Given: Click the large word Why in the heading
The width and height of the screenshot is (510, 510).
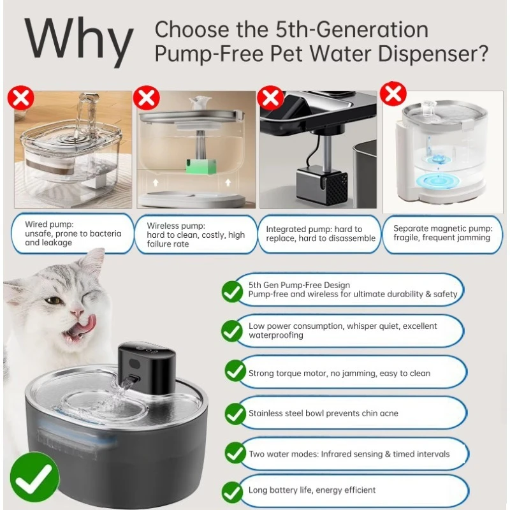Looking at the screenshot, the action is tap(79, 41).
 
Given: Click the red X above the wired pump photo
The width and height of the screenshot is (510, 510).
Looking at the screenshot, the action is tap(21, 98).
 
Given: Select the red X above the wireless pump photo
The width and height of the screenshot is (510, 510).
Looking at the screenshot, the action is tap(147, 98).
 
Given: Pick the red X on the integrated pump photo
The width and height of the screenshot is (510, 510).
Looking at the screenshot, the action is tap(270, 98).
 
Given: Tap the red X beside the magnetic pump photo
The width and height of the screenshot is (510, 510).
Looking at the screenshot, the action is tap(393, 94).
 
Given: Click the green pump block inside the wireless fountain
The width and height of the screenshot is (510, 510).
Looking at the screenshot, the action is tap(201, 166).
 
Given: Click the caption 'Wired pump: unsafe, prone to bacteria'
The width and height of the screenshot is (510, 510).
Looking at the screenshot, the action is tap(73, 229).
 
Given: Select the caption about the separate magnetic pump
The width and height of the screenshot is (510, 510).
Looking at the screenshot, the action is tap(442, 233).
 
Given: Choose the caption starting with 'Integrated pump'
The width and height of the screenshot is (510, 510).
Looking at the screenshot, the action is tap(321, 233).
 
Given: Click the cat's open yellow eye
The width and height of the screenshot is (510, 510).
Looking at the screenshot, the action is tap(53, 300).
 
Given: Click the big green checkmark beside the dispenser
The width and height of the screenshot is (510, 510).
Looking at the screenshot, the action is tap(34, 477).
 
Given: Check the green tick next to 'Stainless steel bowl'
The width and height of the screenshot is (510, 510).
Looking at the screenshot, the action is tap(235, 414).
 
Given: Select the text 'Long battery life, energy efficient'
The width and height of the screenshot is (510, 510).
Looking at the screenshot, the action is tap(312, 490).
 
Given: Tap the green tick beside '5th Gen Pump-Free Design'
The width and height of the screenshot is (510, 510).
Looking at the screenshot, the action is tap(232, 292).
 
